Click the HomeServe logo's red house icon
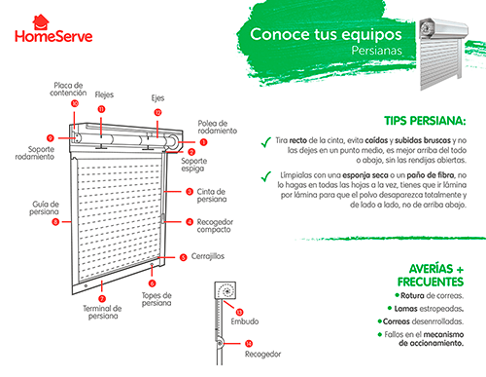pos(41,22)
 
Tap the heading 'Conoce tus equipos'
pos(326,34)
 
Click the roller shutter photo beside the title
pos(443,54)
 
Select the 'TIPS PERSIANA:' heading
pos(425,121)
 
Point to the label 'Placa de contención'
pos(68,89)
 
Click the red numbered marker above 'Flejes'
pos(101,109)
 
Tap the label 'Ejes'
pos(157,98)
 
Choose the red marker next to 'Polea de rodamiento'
pos(203,142)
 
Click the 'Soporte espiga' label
pos(193,165)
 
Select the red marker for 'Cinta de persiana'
pos(190,192)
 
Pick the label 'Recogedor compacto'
pos(215,226)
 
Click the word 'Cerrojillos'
pos(208,256)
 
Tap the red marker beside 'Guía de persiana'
pos(55,222)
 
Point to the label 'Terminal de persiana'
pos(102,312)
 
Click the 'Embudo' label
pos(245,321)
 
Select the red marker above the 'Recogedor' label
pos(249,343)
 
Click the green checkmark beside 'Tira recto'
pos(266,142)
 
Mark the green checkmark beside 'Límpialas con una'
pos(266,176)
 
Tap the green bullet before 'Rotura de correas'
pos(397,295)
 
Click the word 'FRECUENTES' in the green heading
pos(431,282)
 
